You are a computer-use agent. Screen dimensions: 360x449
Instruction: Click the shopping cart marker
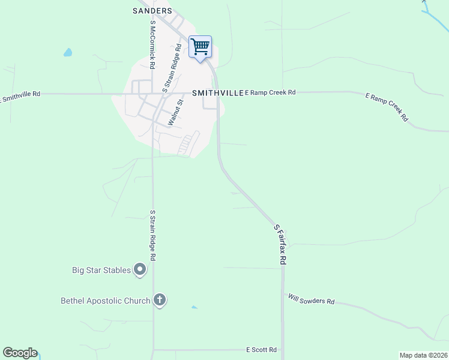click(x=200, y=47)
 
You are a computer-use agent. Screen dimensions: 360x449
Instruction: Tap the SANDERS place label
click(x=152, y=11)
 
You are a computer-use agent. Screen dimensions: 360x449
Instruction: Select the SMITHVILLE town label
click(x=217, y=94)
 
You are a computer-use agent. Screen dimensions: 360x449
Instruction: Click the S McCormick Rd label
click(x=153, y=44)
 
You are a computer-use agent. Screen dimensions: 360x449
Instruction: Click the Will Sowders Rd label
click(x=311, y=299)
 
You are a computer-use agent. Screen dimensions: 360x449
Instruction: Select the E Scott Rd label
click(x=261, y=349)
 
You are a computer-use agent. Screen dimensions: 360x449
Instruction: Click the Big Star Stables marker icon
click(x=140, y=270)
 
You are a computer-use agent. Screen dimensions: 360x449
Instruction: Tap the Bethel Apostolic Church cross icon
click(x=159, y=300)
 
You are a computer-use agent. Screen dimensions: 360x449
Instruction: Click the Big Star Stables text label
click(x=101, y=271)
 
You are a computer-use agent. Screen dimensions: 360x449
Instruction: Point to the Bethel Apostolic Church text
click(x=105, y=301)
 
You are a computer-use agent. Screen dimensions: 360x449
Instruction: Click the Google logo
click(x=20, y=353)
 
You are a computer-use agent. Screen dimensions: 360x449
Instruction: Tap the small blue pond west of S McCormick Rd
click(x=68, y=53)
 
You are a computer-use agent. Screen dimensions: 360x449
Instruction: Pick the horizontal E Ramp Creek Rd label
click(x=270, y=92)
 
